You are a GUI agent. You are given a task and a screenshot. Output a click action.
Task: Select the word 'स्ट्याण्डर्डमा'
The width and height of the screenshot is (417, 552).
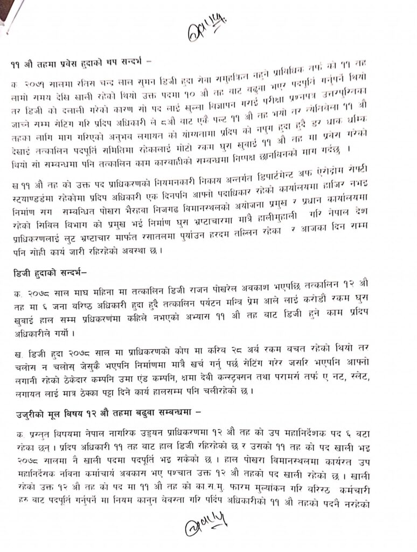tap(32, 184)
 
